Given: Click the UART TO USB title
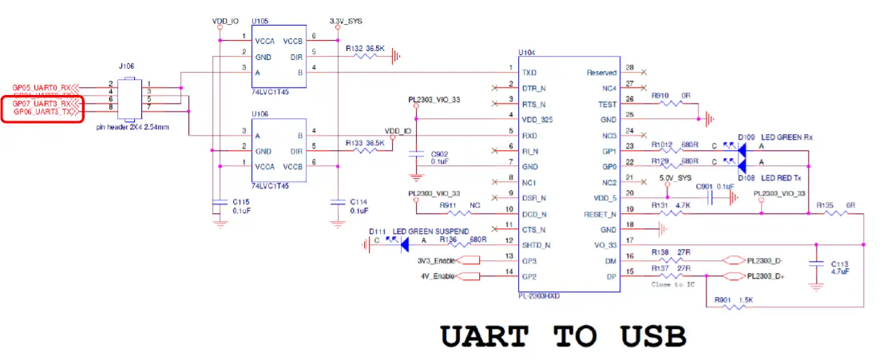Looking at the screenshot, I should [x=564, y=336].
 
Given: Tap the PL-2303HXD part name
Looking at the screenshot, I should [x=540, y=295].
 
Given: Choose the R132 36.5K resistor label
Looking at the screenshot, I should [x=366, y=49].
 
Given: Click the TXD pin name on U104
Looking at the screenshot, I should [x=529, y=72].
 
